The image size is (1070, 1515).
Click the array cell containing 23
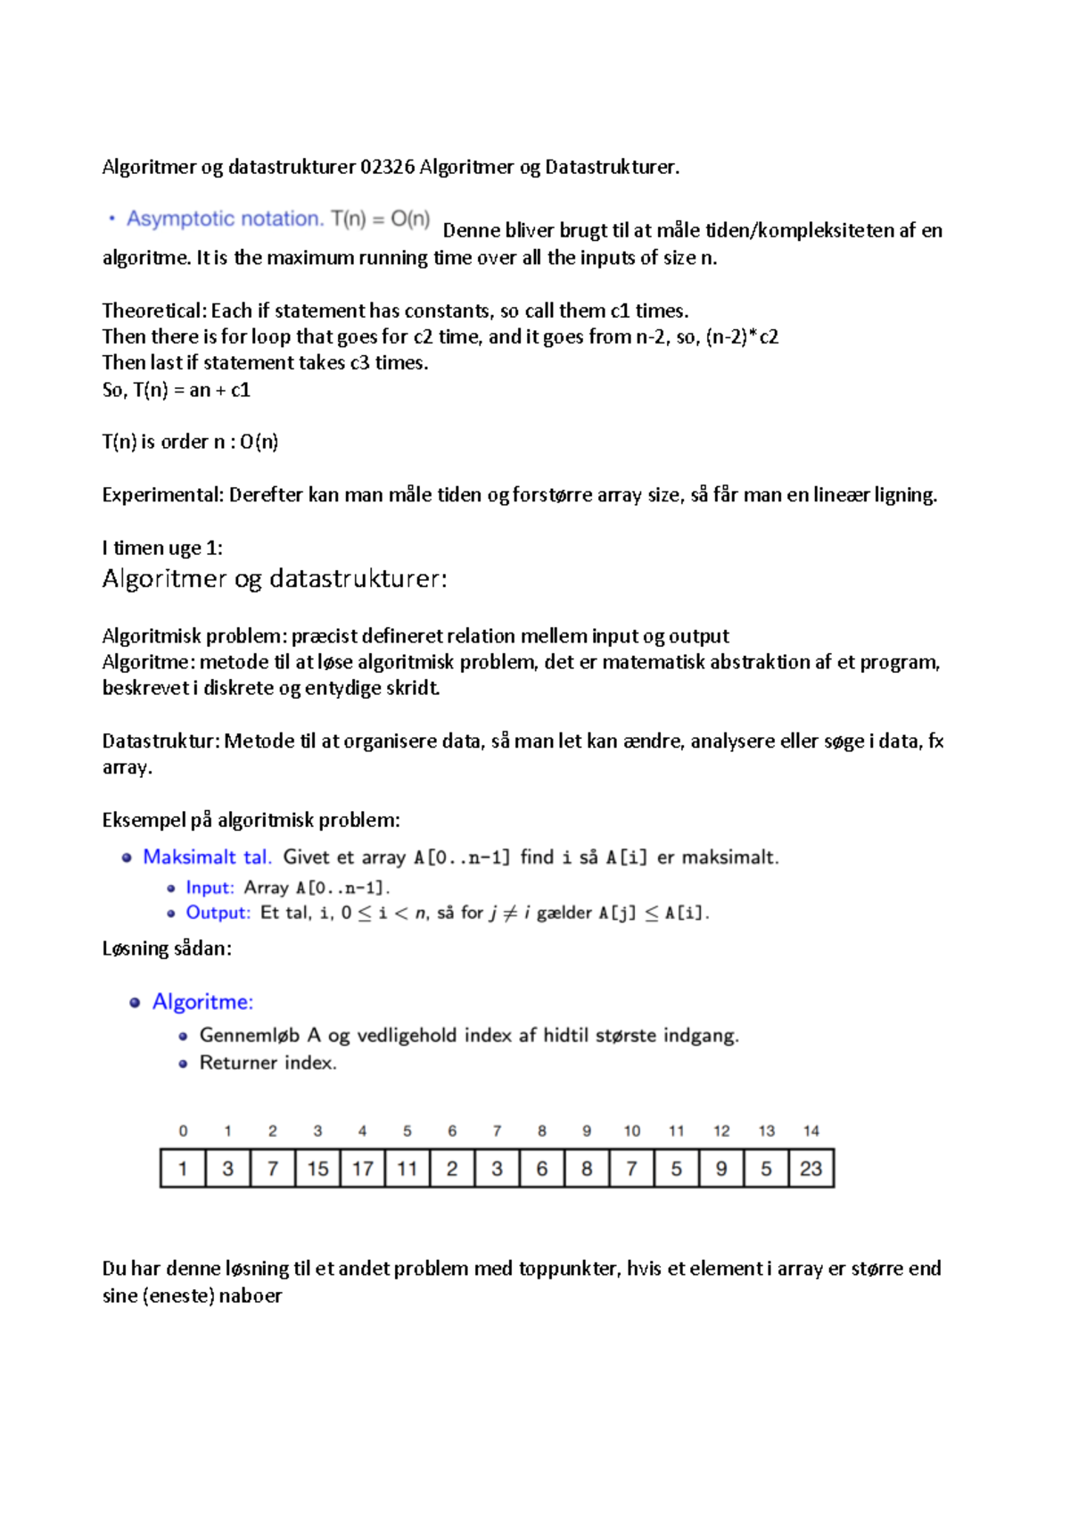811,1169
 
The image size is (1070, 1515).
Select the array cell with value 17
362,1169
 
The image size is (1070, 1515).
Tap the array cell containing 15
317,1169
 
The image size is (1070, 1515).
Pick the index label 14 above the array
811,1130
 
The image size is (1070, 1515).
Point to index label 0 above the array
183,1130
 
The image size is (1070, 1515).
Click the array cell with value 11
407,1169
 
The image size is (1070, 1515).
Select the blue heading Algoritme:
202,1002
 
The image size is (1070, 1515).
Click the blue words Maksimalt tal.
207,857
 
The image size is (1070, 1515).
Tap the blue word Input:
210,888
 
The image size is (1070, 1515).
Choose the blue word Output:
218,913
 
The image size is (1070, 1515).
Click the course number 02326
387,167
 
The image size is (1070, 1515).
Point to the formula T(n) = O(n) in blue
381,219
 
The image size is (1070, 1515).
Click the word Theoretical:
154,310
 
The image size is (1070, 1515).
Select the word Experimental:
162,495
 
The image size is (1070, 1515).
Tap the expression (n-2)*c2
742,337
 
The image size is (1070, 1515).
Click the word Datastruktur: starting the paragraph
160,741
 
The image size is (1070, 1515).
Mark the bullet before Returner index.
183,1064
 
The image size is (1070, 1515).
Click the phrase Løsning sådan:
167,948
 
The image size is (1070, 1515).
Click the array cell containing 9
720,1169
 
